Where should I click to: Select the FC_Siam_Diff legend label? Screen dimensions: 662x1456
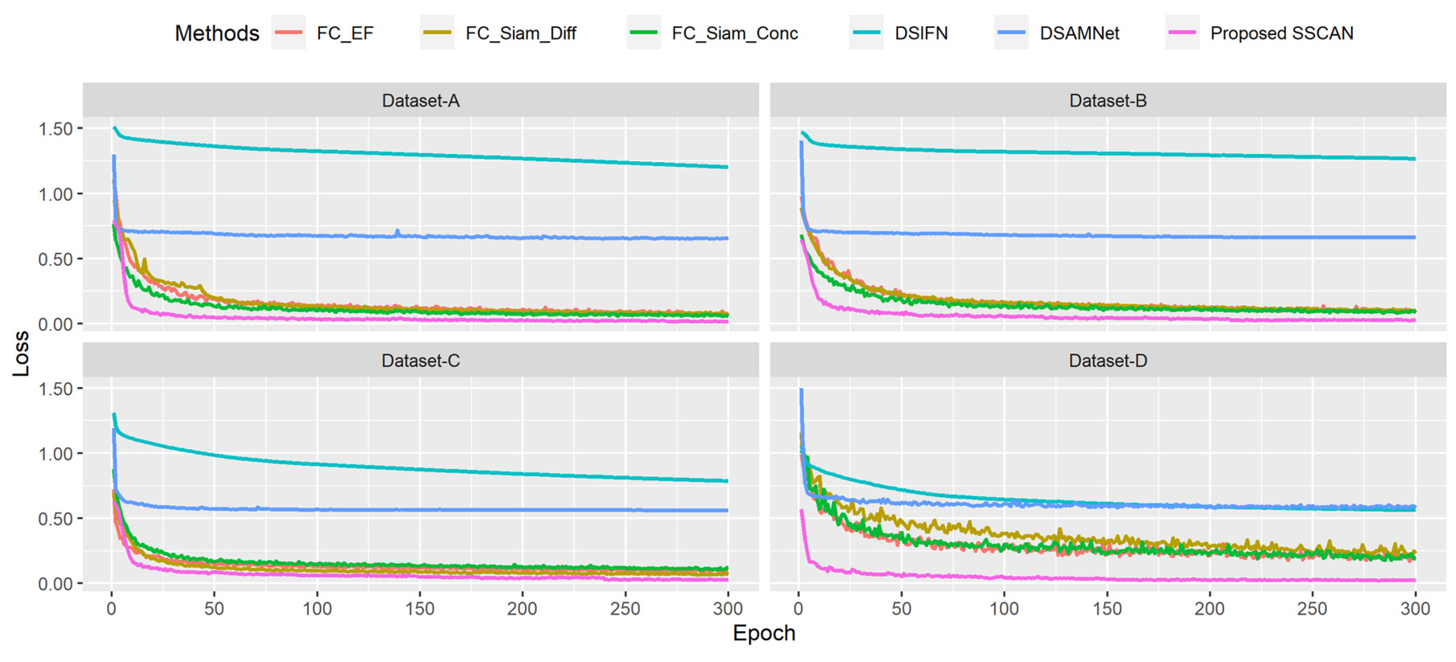click(520, 33)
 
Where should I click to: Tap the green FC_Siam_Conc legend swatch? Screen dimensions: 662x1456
click(643, 33)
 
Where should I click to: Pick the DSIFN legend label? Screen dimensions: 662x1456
click(921, 33)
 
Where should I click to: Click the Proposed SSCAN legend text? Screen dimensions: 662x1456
click(1281, 33)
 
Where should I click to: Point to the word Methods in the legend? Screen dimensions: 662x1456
click(217, 33)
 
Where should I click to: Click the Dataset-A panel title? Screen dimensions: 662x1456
click(421, 101)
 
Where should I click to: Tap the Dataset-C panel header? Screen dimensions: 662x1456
click(421, 360)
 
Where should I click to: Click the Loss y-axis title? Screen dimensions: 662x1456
click(21, 353)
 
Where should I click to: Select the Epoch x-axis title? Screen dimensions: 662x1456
click(764, 633)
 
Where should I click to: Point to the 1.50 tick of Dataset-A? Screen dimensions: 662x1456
click(56, 129)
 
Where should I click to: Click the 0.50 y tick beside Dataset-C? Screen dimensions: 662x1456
click(56, 518)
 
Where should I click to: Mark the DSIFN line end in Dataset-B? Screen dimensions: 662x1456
click(1414, 159)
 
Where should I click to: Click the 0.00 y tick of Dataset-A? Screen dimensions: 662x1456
click(56, 324)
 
